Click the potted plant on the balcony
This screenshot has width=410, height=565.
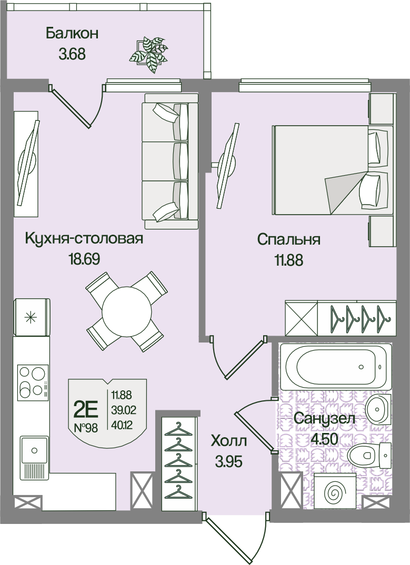149,54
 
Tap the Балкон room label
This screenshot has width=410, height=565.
72,34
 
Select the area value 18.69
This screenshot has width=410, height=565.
84,259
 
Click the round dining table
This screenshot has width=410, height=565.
126,312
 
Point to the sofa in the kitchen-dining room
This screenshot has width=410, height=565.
171,160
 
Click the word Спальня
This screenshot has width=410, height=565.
289,239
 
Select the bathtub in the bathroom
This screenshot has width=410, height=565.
336,367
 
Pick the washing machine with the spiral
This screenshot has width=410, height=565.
335,491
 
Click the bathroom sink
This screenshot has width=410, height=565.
378,409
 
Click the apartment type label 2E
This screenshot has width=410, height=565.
85,409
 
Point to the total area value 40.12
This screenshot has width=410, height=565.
122,426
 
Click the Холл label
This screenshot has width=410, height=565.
228,441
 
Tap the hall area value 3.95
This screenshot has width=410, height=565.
228,461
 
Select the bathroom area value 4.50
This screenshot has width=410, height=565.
324,439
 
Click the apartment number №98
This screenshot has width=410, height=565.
86,428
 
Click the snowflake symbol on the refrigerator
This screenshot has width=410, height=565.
31,317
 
